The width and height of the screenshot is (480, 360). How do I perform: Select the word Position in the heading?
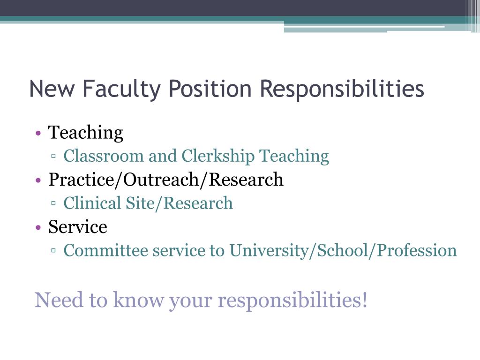coord(205,89)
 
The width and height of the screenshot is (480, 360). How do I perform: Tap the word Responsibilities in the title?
coord(342,89)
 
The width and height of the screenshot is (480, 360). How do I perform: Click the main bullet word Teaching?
coord(86,133)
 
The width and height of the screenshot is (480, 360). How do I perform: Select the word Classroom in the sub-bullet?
coord(104,156)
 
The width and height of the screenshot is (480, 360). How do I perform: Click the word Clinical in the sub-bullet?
coord(92,203)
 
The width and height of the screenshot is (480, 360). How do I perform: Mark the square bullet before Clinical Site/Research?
coord(54,204)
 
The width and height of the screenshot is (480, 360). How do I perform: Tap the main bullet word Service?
coord(78,227)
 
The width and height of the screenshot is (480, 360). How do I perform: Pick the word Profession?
coord(417,250)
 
